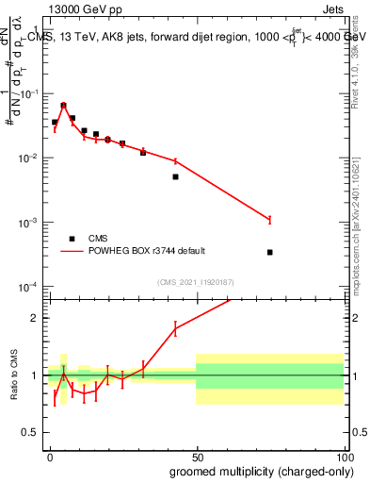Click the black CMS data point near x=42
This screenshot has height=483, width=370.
pyautogui.click(x=175, y=176)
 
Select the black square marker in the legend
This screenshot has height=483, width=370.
pyautogui.click(x=72, y=239)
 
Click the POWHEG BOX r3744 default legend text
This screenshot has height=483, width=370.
pyautogui.click(x=146, y=251)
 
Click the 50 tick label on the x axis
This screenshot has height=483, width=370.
pyautogui.click(x=196, y=456)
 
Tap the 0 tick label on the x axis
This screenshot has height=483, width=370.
pyautogui.click(x=50, y=456)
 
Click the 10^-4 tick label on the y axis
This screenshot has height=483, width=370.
pyautogui.click(x=28, y=287)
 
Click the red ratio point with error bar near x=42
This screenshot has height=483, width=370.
pyautogui.click(x=175, y=328)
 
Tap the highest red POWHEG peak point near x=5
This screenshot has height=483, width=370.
pyautogui.click(x=63, y=105)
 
